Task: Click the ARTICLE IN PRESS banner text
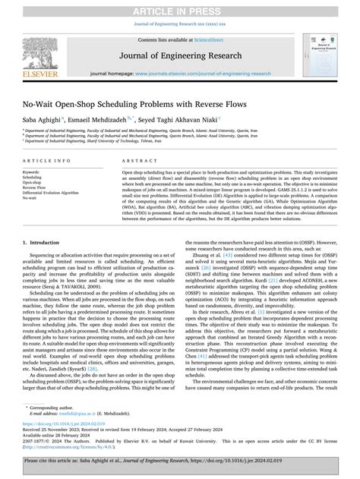pos(180,8)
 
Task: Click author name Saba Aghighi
pos(43,118)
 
